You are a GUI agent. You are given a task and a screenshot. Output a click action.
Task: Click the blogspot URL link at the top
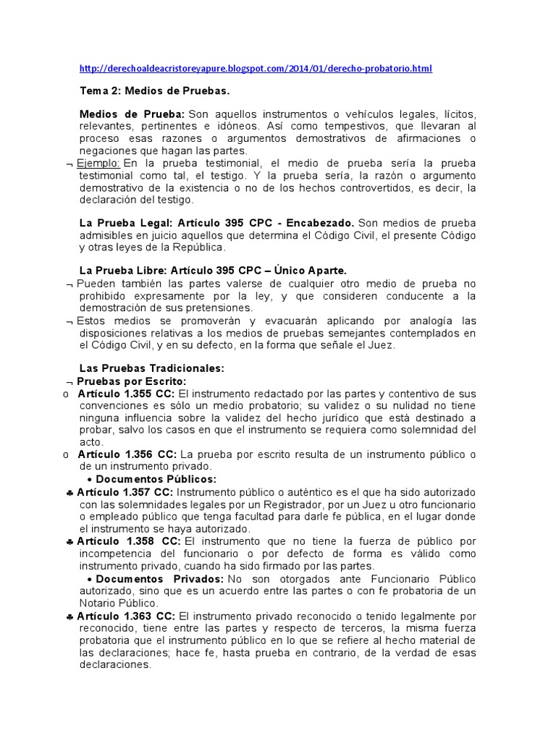click(256, 69)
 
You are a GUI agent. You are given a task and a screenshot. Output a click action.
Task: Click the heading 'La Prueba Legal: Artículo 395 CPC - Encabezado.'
click(217, 223)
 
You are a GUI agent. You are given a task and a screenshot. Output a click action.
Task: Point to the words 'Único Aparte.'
click(303, 270)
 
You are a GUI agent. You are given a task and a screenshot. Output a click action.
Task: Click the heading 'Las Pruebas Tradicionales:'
click(151, 368)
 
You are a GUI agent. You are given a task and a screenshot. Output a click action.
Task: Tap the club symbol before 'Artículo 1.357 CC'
click(68, 492)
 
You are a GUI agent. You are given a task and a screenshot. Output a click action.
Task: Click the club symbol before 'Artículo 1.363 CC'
click(68, 617)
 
